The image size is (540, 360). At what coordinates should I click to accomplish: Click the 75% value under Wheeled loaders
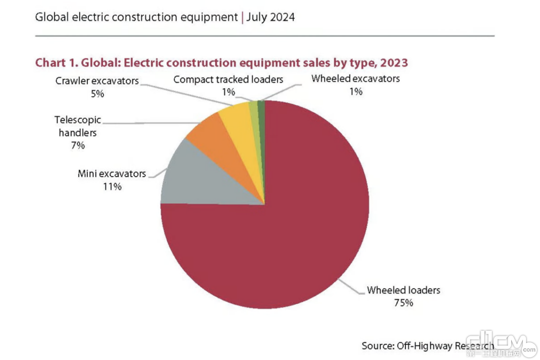(x=403, y=303)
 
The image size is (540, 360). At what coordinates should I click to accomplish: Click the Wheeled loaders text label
(x=403, y=290)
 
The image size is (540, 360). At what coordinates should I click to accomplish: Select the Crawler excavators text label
(x=97, y=81)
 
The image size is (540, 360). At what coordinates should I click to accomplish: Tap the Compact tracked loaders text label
(x=228, y=80)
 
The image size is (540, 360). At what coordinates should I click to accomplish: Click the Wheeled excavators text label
(x=355, y=79)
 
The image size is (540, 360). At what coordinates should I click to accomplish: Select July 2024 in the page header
(x=270, y=18)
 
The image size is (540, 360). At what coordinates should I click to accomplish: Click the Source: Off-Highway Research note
(x=427, y=346)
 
